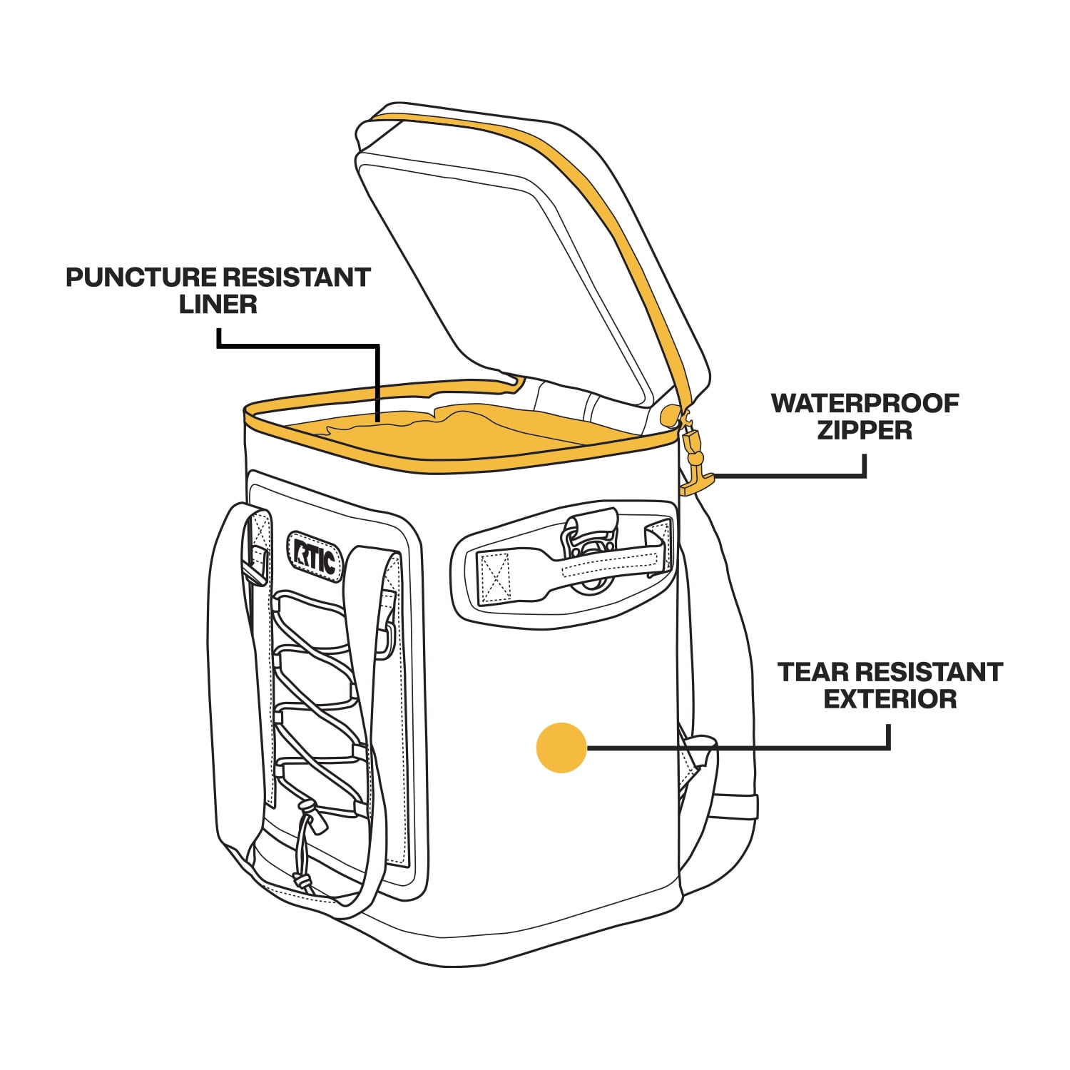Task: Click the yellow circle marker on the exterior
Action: [562, 748]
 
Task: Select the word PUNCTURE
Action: [141, 277]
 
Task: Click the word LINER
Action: [218, 305]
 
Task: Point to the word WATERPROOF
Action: [865, 404]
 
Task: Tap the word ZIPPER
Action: [865, 431]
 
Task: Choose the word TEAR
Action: [811, 672]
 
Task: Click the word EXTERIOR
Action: [890, 699]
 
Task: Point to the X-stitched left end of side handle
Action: [494, 576]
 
